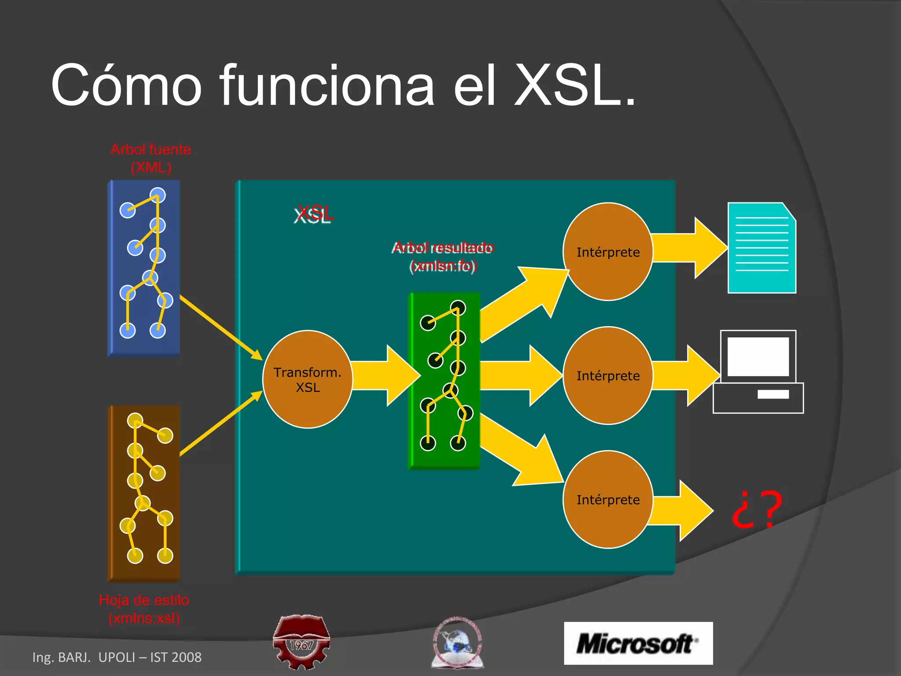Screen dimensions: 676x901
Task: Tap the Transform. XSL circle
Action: coord(308,379)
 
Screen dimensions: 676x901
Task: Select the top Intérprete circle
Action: coord(608,252)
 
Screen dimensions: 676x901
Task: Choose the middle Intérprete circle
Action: coord(608,375)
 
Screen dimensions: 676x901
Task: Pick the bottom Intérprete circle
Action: coord(608,500)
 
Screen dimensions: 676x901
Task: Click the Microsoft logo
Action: coord(638,643)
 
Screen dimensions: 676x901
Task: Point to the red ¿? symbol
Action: coord(757,509)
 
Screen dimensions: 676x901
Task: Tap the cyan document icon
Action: coord(762,248)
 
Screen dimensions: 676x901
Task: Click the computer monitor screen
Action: coord(758,356)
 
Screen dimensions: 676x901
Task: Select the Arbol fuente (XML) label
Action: coord(150,158)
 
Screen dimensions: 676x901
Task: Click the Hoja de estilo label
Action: coord(144,609)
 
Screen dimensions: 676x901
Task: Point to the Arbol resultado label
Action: coord(443,257)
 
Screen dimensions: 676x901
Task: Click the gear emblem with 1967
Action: coord(301,642)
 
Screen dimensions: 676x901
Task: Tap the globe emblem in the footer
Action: coord(458,643)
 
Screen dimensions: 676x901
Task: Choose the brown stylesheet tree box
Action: coord(144,493)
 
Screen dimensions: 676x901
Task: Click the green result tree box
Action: coord(444,381)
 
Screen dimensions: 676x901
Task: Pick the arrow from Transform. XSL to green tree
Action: coord(385,375)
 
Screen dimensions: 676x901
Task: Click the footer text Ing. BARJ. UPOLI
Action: coord(117,657)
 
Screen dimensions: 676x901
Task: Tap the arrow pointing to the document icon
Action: coord(689,248)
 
